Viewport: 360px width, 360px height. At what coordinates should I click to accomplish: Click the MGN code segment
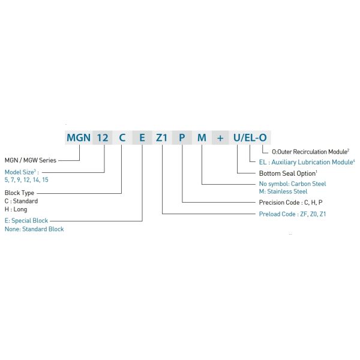[x=79, y=137]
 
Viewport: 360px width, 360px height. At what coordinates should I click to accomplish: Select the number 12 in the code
[x=103, y=137]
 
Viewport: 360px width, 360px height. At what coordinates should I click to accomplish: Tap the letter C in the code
[x=122, y=137]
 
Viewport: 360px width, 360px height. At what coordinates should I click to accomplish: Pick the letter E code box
[x=142, y=137]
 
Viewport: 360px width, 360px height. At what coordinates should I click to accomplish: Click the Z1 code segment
[x=162, y=137]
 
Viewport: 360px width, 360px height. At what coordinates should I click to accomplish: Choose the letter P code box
[x=182, y=137]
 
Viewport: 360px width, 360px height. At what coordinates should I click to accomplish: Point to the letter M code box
[x=202, y=137]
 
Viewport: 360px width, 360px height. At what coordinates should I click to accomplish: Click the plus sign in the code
[x=220, y=137]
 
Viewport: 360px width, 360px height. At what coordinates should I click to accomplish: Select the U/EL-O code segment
[x=250, y=137]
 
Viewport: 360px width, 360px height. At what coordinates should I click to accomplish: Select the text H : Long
[x=16, y=209]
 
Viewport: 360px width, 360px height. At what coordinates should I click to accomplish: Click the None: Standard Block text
[x=34, y=229]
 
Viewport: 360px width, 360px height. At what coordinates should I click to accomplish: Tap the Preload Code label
[x=292, y=214]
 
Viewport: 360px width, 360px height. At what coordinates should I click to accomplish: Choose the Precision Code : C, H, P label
[x=290, y=202]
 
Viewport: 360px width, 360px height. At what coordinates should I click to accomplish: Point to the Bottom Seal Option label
[x=284, y=173]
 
